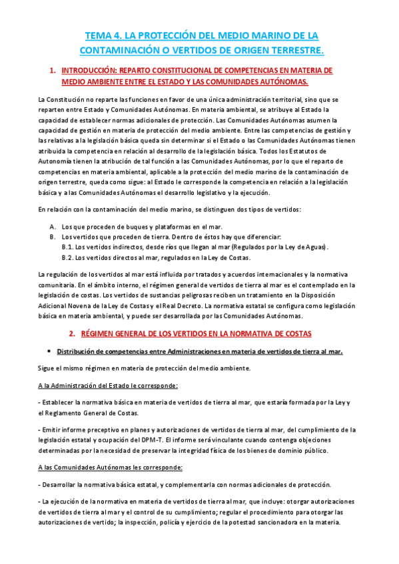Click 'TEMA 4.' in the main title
[104, 35]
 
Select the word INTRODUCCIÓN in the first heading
[89, 70]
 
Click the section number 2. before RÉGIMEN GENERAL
[73, 333]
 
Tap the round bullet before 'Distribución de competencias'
[51, 351]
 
